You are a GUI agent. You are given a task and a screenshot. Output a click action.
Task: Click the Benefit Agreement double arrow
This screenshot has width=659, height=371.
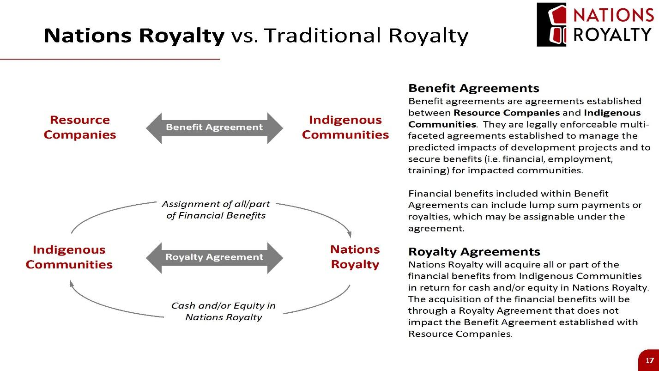[214, 128]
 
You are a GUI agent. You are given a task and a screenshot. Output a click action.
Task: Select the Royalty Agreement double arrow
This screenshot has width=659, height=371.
[214, 258]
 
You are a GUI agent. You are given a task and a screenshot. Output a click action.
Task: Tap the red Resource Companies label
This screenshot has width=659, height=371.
[80, 127]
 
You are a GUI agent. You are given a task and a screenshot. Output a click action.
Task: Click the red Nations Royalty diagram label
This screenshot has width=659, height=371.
[355, 257]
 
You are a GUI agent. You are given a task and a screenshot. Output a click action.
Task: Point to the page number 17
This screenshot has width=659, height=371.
[650, 361]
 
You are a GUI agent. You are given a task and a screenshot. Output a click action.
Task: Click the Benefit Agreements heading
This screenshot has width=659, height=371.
[474, 88]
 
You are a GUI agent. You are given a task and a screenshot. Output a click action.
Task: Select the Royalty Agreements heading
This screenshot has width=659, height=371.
[474, 252]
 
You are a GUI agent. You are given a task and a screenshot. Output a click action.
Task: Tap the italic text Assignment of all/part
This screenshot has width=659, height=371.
[216, 204]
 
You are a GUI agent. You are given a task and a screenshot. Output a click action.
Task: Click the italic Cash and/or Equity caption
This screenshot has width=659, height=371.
[224, 311]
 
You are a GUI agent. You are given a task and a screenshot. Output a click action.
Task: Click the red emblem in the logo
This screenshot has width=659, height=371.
[557, 24]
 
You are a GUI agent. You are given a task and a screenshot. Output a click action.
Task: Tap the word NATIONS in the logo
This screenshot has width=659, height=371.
[613, 15]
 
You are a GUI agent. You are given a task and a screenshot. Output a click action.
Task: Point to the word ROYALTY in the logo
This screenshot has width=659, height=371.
[612, 35]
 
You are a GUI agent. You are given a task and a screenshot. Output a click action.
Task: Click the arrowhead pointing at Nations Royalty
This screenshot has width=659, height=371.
[349, 234]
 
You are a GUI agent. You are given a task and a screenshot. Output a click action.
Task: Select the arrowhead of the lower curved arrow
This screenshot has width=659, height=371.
[72, 284]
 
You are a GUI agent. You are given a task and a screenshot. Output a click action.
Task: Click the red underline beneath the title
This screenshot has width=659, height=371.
[110, 59]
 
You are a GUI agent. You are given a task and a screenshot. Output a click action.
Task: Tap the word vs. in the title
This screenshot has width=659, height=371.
[244, 37]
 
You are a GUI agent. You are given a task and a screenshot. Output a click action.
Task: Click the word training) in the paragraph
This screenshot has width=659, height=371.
[429, 170]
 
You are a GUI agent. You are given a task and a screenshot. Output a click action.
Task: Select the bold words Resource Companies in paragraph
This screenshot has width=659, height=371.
[507, 113]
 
